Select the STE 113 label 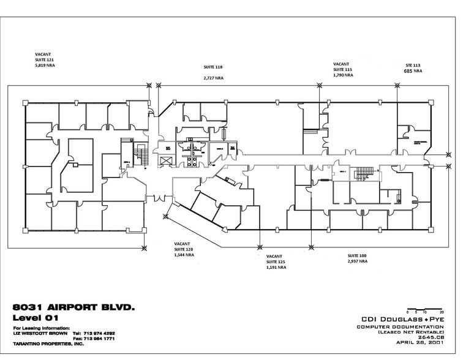[x=414, y=64]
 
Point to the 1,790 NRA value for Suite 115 [x=343, y=75]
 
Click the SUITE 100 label [x=357, y=255]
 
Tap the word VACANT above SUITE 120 [x=182, y=242]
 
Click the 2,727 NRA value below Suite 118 [x=213, y=78]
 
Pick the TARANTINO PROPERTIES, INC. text [x=45, y=345]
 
